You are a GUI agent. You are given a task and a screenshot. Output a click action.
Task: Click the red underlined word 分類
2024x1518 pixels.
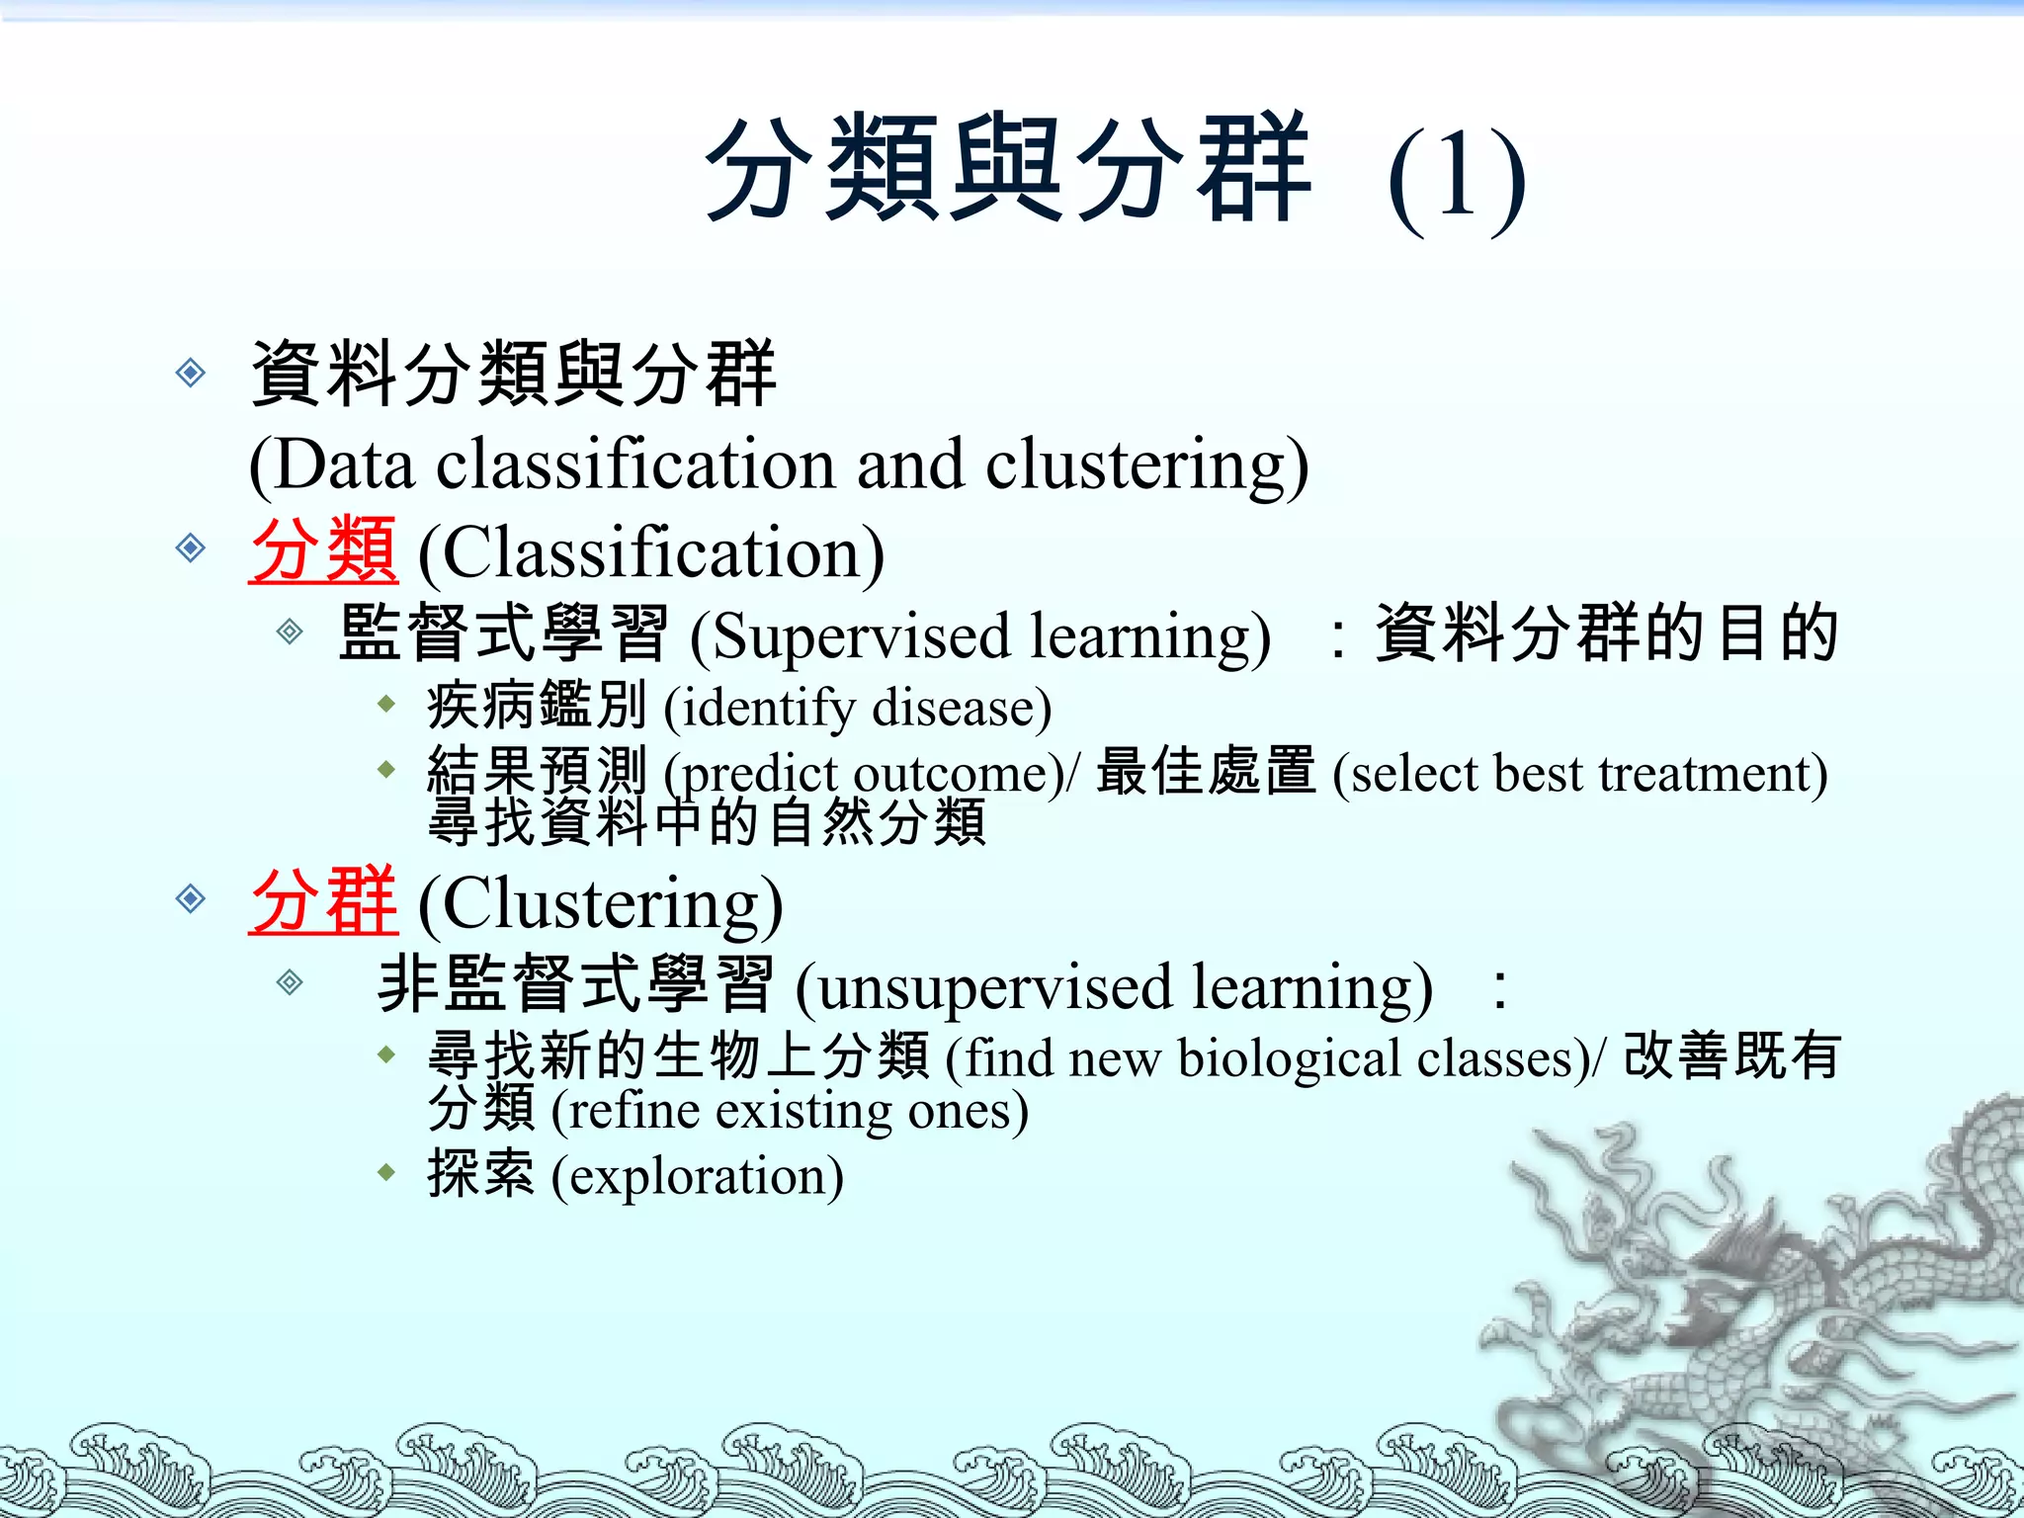coord(323,550)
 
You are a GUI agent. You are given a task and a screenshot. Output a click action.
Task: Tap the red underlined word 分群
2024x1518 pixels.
coord(323,900)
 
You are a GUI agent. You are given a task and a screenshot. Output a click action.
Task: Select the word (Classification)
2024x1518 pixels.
coord(651,552)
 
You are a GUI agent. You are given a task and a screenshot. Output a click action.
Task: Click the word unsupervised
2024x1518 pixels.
coord(998,986)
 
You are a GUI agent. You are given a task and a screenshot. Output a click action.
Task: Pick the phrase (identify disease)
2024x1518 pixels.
coord(857,708)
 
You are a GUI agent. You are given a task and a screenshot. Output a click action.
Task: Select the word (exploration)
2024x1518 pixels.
coord(697,1175)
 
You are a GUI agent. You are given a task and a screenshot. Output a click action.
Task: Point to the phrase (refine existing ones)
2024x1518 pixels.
coord(790,1111)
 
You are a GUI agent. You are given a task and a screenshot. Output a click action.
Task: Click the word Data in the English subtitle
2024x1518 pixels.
coord(341,464)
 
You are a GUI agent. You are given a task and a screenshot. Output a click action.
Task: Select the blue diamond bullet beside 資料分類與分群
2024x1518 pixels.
coord(190,373)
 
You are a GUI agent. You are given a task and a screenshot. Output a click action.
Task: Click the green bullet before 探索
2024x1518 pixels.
coord(386,1173)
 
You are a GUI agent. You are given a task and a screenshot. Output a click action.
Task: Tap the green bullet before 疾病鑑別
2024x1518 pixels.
coord(386,705)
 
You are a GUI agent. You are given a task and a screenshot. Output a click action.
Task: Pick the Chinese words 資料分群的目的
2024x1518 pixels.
coord(1606,633)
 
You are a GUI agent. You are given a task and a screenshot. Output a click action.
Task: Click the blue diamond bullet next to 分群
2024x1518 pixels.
coord(190,898)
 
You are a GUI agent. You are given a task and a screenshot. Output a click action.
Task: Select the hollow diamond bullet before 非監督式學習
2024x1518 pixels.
coord(289,981)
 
